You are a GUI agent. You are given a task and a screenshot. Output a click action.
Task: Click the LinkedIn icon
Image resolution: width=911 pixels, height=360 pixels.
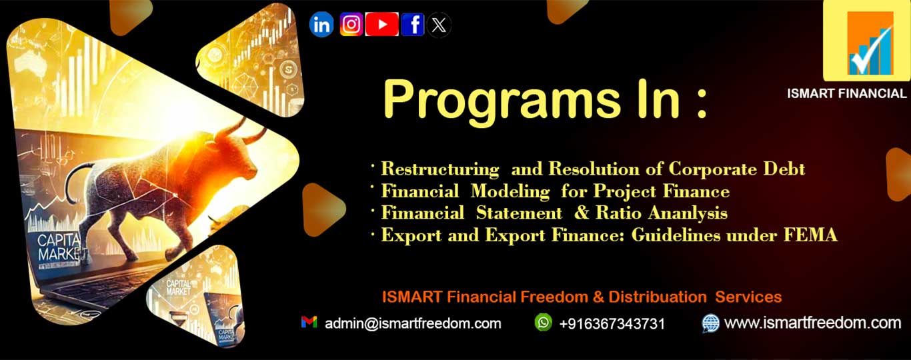click(321, 25)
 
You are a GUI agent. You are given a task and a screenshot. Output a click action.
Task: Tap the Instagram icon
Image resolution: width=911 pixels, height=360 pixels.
click(351, 25)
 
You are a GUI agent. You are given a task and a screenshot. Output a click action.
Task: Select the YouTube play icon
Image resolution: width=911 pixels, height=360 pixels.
click(381, 25)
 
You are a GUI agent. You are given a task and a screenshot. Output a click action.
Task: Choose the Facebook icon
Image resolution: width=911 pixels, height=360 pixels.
click(413, 25)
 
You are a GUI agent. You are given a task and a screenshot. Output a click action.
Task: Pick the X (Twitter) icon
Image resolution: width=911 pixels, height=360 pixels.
click(438, 25)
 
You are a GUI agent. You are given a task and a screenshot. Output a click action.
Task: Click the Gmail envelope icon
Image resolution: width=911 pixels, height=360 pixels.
click(309, 322)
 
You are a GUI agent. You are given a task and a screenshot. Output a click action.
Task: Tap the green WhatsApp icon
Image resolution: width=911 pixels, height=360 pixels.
click(544, 322)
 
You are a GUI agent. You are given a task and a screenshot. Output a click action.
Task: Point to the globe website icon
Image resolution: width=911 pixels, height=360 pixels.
click(710, 323)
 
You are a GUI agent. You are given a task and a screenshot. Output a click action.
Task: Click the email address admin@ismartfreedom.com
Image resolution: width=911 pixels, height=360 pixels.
click(413, 323)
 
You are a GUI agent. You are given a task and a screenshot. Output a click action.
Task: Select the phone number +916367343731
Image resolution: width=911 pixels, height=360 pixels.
click(612, 324)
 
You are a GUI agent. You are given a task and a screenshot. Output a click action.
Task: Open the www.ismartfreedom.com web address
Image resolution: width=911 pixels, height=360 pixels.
click(812, 323)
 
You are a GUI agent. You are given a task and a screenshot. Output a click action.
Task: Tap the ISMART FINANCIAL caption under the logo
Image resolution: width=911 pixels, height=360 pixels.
click(847, 94)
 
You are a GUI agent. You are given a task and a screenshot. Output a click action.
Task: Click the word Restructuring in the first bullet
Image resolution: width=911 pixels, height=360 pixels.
click(440, 169)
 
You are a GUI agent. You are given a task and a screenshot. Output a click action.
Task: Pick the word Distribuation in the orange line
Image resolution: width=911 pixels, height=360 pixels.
click(658, 297)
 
